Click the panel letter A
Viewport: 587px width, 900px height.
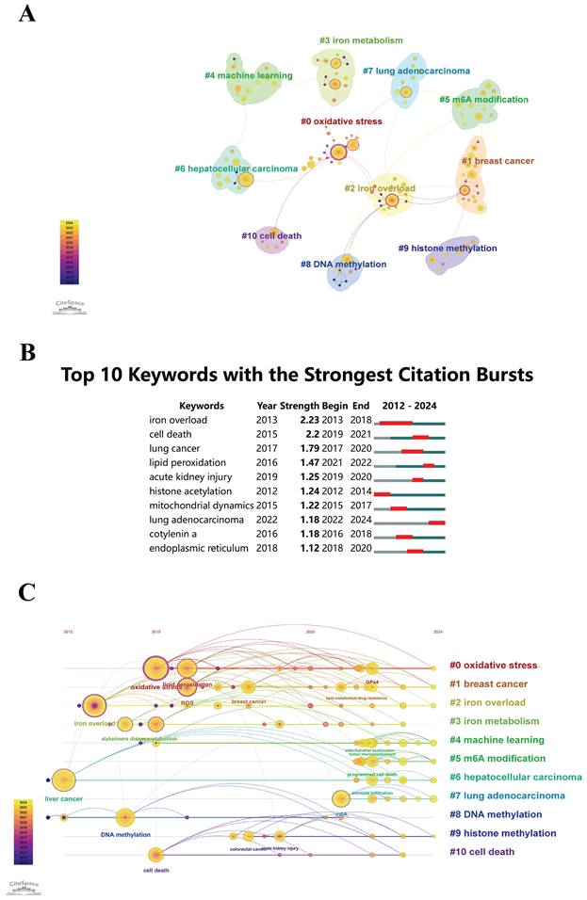pyautogui.click(x=28, y=15)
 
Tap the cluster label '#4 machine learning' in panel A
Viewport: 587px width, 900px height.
pyautogui.click(x=248, y=74)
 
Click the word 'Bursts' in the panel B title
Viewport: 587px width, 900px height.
pyautogui.click(x=498, y=375)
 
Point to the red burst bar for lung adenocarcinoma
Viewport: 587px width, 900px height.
pyautogui.click(x=436, y=522)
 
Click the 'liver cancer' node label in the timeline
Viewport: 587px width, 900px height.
pyautogui.click(x=63, y=799)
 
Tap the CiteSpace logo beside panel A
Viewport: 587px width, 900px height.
pyautogui.click(x=70, y=303)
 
